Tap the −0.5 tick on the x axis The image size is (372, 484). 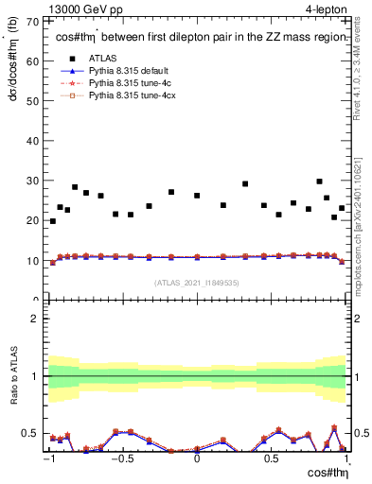pyautogui.click(x=122, y=459)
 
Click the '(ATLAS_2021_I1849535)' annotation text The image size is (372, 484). pyautogui.click(x=196, y=282)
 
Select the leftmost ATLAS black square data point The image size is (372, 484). pyautogui.click(x=52, y=221)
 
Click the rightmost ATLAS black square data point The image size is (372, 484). pyautogui.click(x=342, y=208)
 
